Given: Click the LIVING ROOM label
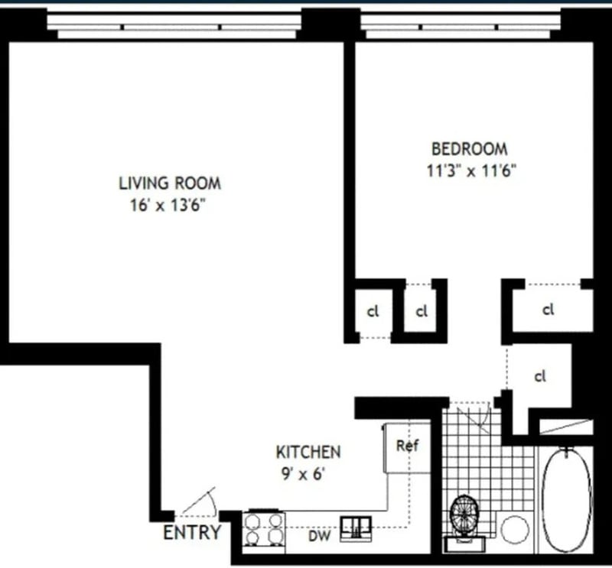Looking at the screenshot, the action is tap(170, 183).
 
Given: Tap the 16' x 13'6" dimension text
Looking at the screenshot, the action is tap(168, 205).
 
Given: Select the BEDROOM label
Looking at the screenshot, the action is tap(470, 149).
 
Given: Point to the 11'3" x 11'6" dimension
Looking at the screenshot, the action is tap(471, 171).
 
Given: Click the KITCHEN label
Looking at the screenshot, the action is tap(308, 452).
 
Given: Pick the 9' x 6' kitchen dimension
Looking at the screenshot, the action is tap(303, 474).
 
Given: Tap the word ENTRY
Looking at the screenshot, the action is tap(192, 533).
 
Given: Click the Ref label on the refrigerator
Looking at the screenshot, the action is tap(408, 446).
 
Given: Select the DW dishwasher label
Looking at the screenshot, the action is tap(320, 536).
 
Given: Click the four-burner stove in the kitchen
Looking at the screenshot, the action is tap(264, 531).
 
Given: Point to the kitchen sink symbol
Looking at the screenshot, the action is tap(356, 528).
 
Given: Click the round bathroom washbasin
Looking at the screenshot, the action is tap(515, 530).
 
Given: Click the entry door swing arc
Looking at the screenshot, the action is tap(213, 502).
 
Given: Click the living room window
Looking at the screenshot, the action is tap(174, 27).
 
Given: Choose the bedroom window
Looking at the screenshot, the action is tap(461, 27).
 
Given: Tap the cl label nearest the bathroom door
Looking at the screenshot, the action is tap(540, 376).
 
